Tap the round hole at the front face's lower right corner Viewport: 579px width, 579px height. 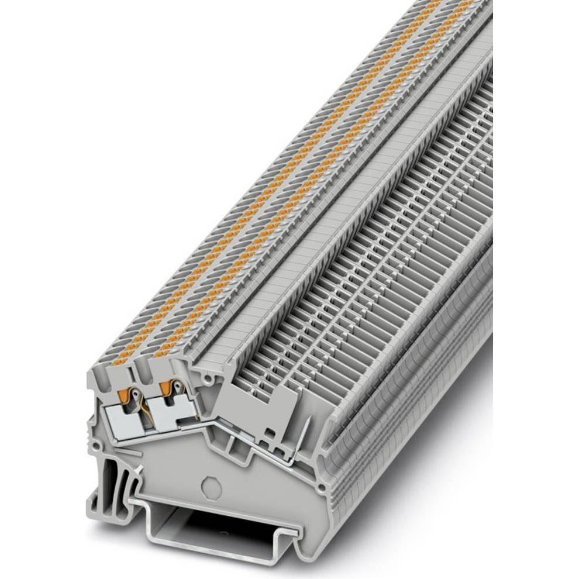pos(320,487)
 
